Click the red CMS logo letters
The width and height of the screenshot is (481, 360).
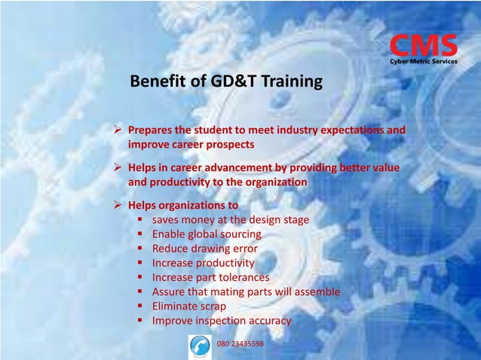pyautogui.click(x=423, y=45)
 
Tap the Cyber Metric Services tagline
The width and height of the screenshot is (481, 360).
pyautogui.click(x=423, y=61)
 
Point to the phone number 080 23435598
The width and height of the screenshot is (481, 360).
pyautogui.click(x=240, y=343)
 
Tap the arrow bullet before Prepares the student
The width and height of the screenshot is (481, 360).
pyautogui.click(x=118, y=130)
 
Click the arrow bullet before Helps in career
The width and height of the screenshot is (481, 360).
pyautogui.click(x=118, y=167)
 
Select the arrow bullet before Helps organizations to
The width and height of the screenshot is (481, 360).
pyautogui.click(x=118, y=205)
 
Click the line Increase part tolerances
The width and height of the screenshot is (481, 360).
pyautogui.click(x=210, y=277)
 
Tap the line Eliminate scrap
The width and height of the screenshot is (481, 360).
pyautogui.click(x=188, y=307)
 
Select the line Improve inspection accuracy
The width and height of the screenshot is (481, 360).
pyautogui.click(x=221, y=321)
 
